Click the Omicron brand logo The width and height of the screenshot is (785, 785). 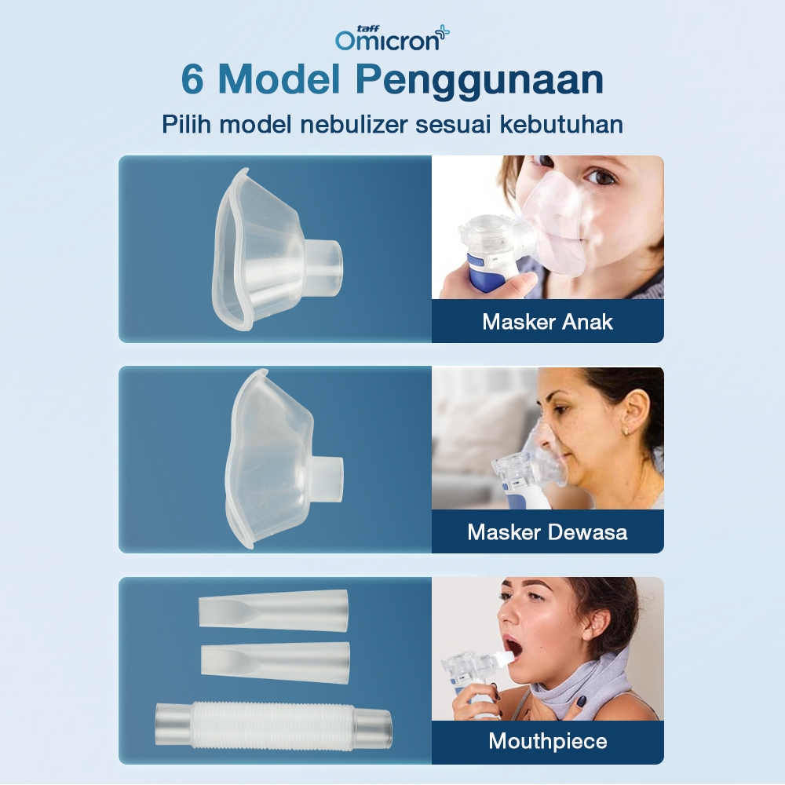click(x=392, y=38)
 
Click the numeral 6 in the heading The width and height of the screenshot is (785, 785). click(x=193, y=79)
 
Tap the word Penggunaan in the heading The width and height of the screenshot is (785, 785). click(x=480, y=81)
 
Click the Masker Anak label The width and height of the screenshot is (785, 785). click(x=547, y=322)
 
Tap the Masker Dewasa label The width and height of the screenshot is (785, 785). click(x=547, y=532)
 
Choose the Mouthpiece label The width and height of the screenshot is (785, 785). click(x=548, y=742)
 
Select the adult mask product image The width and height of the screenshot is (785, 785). click(x=283, y=458)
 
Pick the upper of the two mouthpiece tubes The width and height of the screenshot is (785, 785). click(x=273, y=610)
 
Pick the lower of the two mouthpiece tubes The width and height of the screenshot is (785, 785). click(x=275, y=663)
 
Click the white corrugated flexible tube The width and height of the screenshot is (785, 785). click(x=273, y=726)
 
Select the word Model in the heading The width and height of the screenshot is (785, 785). click(x=279, y=79)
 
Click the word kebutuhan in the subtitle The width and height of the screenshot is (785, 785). click(x=561, y=124)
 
